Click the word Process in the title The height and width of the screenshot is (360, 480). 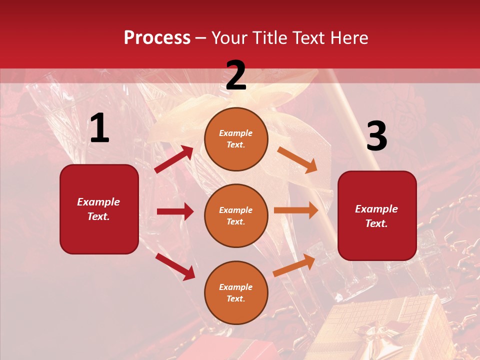[x=157, y=38]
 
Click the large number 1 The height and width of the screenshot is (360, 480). [x=99, y=128]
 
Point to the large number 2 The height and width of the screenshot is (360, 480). [x=236, y=75]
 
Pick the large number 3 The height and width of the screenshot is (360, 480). [x=376, y=136]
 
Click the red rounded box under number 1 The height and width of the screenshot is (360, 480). [x=99, y=209]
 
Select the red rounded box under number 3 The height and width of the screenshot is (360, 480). [x=377, y=215]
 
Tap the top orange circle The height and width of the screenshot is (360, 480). [x=236, y=139]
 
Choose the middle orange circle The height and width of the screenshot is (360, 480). [x=236, y=215]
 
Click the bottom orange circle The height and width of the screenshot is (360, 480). [x=236, y=292]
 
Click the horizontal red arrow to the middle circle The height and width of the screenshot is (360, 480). [x=175, y=211]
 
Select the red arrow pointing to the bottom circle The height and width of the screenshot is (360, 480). [x=175, y=266]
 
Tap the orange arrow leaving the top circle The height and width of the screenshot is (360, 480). [x=297, y=159]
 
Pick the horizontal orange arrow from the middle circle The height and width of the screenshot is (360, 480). [x=296, y=210]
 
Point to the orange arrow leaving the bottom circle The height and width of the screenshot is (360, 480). [x=294, y=265]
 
